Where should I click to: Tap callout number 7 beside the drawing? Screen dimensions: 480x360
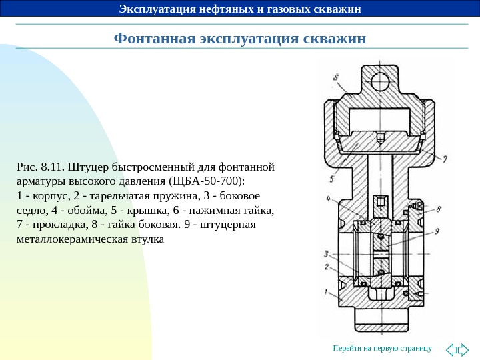pos(445,159)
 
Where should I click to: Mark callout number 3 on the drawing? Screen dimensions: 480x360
pos(326,253)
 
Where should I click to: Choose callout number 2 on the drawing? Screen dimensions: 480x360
pos(326,267)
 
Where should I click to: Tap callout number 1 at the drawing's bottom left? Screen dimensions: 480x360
pos(326,291)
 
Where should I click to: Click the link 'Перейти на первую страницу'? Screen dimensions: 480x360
pos(383,349)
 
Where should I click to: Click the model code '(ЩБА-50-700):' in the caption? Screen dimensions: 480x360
pos(208,181)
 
